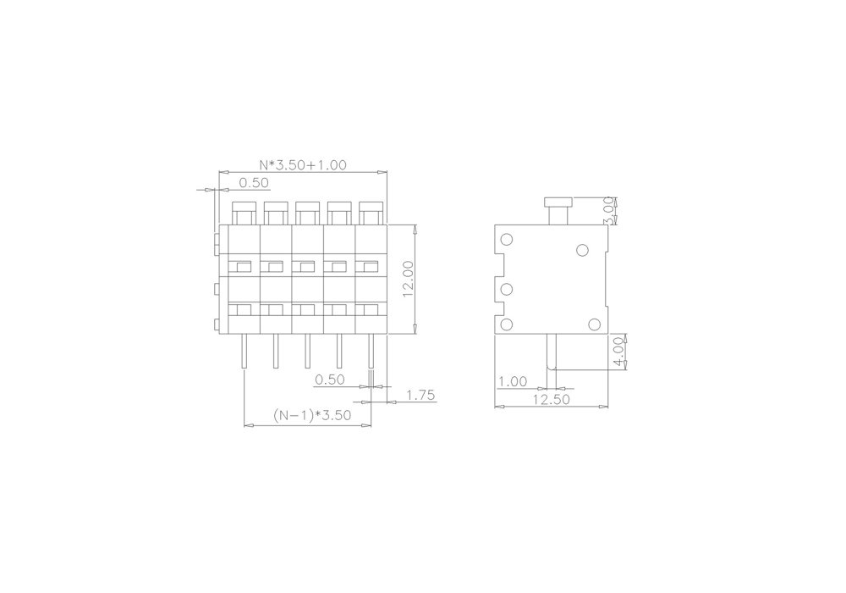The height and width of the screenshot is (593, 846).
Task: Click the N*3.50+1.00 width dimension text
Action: (x=303, y=164)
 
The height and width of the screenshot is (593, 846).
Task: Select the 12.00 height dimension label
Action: (x=408, y=280)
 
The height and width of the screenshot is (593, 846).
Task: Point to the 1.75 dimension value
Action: (x=420, y=396)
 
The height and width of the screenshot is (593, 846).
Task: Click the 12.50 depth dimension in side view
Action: (x=552, y=400)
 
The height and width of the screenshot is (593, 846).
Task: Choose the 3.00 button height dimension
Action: (x=608, y=211)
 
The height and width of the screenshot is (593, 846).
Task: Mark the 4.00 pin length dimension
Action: (x=619, y=352)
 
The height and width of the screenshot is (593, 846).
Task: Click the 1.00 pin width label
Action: (x=513, y=382)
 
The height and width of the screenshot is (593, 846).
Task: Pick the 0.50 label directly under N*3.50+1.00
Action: (x=254, y=183)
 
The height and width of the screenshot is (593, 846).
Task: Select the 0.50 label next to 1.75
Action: (x=330, y=380)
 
